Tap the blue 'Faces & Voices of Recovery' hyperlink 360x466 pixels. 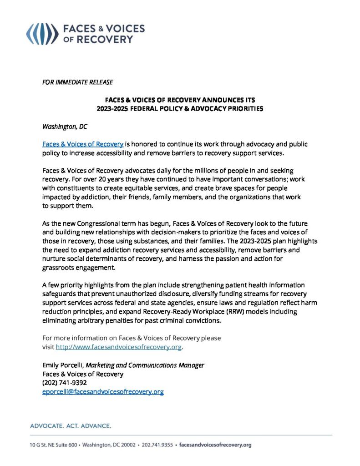pyautogui.click(x=83, y=144)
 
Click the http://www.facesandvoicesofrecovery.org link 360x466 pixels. pyautogui.click(x=119, y=347)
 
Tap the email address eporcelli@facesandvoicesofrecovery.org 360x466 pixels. pyautogui.click(x=103, y=391)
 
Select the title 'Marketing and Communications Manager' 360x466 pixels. pyautogui.click(x=145, y=365)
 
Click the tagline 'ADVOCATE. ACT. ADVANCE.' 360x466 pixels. pyautogui.click(x=71, y=426)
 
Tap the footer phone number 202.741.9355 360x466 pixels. pyautogui.click(x=157, y=445)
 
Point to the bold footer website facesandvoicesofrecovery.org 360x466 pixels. pyautogui.click(x=216, y=445)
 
